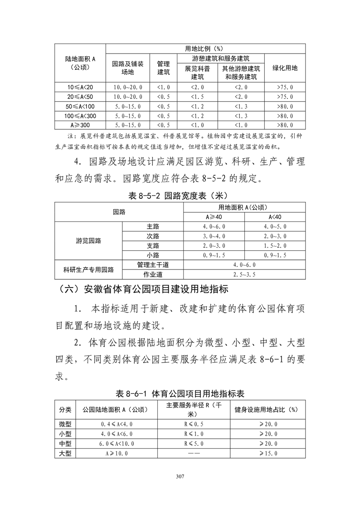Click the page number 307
pos(180,476)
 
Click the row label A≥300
pos(80,125)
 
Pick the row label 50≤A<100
pos(80,106)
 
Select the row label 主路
pos(153,226)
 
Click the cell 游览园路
pos(89,241)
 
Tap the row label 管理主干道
pos(153,265)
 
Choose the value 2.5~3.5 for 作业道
pos(244,274)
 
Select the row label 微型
pos(65,424)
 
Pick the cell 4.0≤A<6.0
pos(117,434)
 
